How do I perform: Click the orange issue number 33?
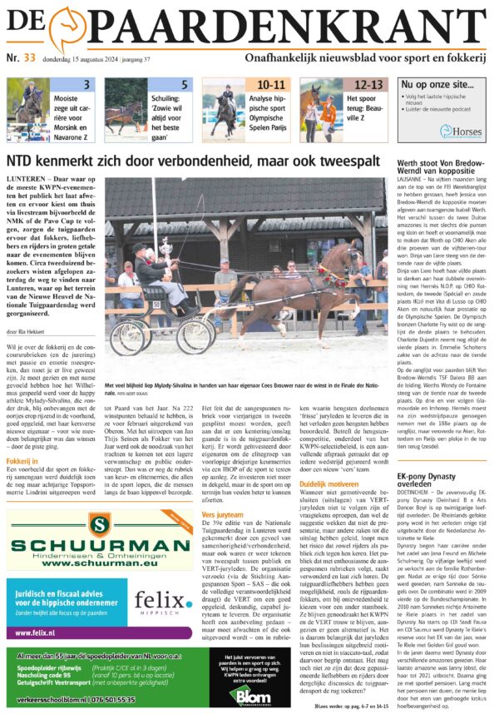[x=29, y=57]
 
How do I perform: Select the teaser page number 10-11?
[x=271, y=85]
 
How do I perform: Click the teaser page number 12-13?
[x=368, y=85]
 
